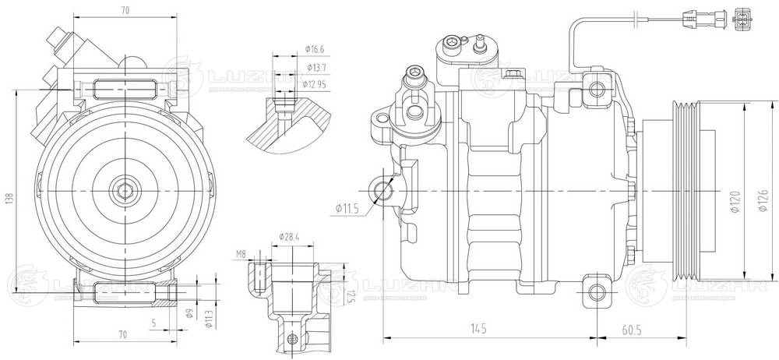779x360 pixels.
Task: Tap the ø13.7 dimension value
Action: [315, 69]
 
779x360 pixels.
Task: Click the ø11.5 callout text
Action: [347, 208]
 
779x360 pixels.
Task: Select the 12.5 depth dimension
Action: [351, 296]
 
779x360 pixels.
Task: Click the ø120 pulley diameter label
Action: [733, 201]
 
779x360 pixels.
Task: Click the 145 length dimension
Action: [478, 330]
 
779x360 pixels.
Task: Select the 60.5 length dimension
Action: [633, 330]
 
